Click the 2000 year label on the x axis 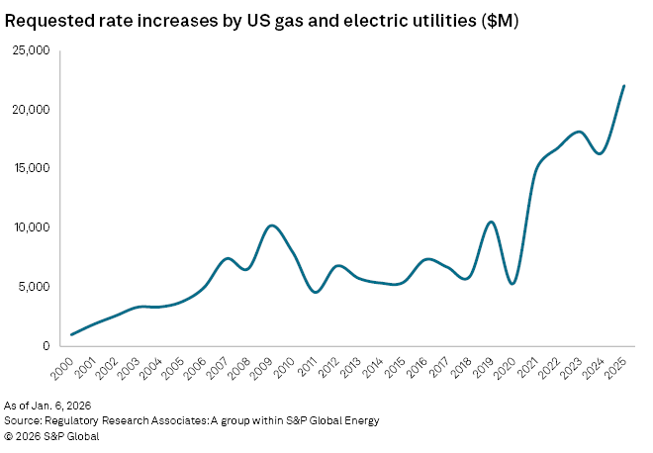pyautogui.click(x=64, y=370)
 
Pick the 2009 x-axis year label pyautogui.click(x=264, y=370)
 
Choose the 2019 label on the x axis pyautogui.click(x=485, y=370)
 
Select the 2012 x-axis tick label pyautogui.click(x=330, y=370)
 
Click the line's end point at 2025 pyautogui.click(x=624, y=85)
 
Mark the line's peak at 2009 pyautogui.click(x=272, y=226)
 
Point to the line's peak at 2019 pyautogui.click(x=492, y=222)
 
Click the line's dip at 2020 pyautogui.click(x=513, y=284)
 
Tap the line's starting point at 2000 pyautogui.click(x=72, y=334)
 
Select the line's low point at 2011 pyautogui.click(x=315, y=292)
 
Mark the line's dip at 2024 pyautogui.click(x=601, y=153)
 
